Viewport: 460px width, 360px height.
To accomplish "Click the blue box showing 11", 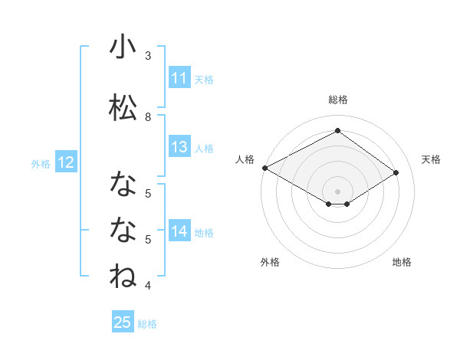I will coord(179,78).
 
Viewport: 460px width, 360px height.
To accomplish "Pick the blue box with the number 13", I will coord(179,148).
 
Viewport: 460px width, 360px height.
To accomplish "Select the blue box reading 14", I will coord(179,232).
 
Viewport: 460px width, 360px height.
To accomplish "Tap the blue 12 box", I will coord(65,163).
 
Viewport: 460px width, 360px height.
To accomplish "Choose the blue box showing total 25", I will coord(123,323).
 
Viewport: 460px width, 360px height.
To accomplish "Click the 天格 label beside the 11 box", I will coord(204,79).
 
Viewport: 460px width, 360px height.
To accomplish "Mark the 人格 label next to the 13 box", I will coord(204,149).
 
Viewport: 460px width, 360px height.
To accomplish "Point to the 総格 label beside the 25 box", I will coord(147,324).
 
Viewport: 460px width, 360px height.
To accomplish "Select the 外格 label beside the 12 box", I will coord(41,164).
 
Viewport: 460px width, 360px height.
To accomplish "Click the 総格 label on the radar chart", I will coord(337,100).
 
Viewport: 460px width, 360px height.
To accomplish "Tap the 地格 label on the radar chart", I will coord(402,262).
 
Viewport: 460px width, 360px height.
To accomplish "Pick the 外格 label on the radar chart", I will coord(270,262).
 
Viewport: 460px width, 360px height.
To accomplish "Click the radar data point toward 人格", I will coord(264,168).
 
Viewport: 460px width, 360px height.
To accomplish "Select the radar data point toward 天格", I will coord(396,172).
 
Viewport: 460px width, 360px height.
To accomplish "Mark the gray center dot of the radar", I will coord(337,191).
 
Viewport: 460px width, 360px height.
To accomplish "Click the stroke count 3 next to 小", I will coord(148,56).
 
